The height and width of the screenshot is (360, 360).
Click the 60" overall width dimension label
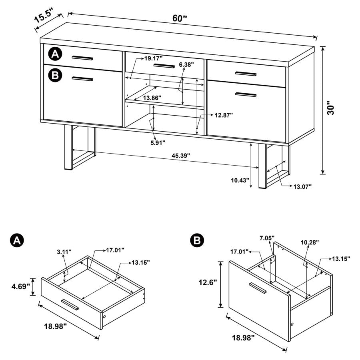pos(180,18)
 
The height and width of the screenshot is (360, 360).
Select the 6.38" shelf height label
pos(186,64)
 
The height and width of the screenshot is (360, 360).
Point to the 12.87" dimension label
pos(223,115)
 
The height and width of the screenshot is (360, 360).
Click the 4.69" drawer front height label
pos(19,287)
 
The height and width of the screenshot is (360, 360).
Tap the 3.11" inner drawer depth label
pos(64,252)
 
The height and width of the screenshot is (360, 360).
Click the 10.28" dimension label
pos(311,242)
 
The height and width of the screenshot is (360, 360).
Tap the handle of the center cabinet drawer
pos(164,66)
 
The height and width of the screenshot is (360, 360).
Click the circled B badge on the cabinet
pos(55,75)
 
